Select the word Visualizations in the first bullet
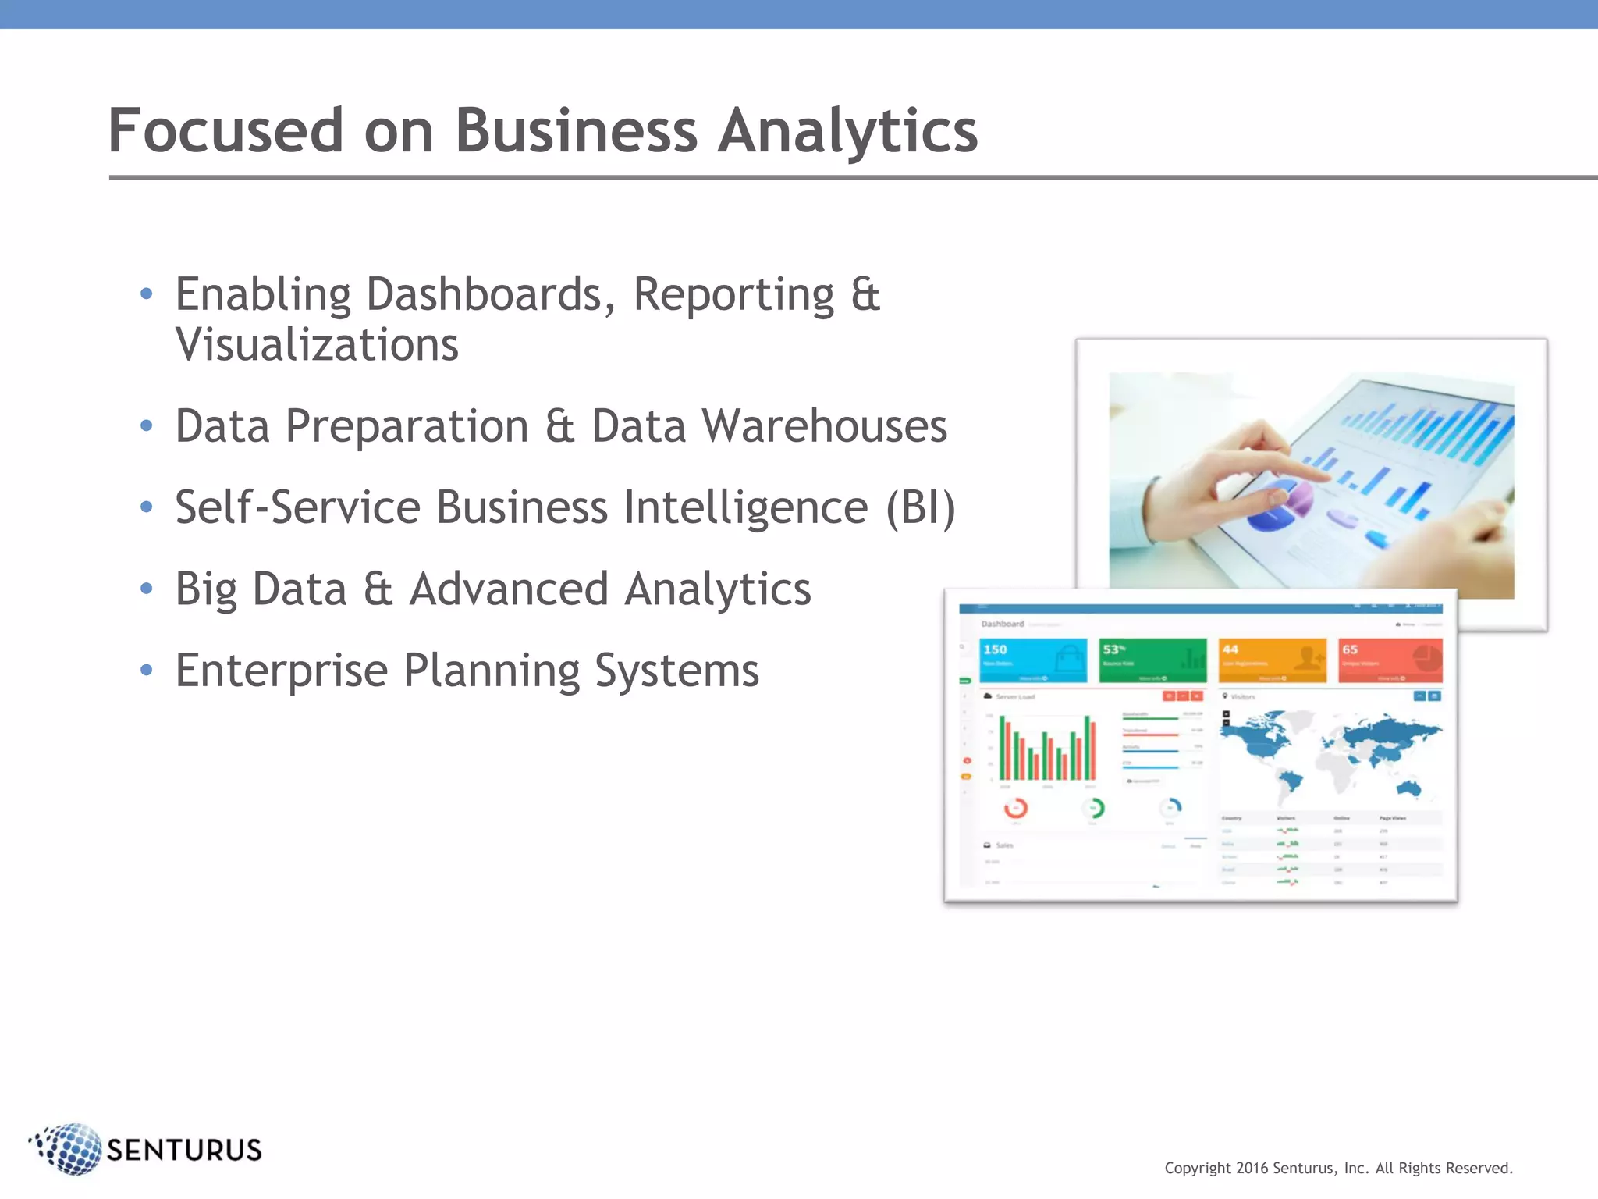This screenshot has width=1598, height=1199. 317,345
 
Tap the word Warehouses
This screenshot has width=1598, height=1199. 824,426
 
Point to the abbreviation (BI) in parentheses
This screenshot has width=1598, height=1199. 921,508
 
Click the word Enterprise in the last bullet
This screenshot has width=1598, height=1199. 281,671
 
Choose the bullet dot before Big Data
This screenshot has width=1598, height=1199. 146,589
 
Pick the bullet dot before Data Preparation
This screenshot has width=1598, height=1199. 146,426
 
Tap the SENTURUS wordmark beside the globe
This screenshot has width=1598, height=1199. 184,1150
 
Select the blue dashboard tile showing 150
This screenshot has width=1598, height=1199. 1033,660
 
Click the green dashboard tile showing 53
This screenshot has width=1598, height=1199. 1152,660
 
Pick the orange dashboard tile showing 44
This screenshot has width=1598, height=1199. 1273,660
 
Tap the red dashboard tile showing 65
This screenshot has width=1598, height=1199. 1390,660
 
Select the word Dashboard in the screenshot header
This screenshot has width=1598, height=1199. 1003,624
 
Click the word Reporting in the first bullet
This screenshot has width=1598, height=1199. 733,295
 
